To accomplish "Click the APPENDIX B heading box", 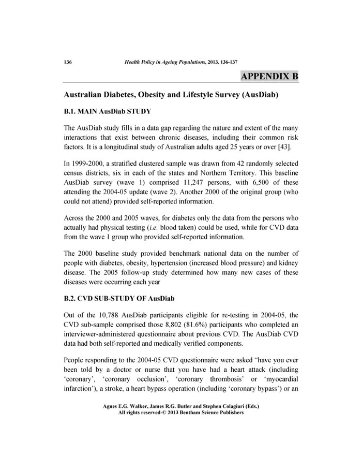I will pos(269,77).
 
